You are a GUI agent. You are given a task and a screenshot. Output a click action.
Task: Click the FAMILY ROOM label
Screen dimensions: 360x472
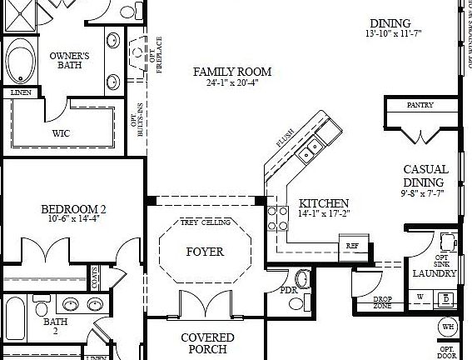tap(232, 72)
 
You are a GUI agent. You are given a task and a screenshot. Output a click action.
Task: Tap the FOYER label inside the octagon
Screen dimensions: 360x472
tap(205, 251)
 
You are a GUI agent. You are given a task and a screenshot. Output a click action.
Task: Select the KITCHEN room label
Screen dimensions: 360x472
tap(324, 203)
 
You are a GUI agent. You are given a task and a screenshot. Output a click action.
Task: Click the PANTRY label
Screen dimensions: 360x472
tap(420, 106)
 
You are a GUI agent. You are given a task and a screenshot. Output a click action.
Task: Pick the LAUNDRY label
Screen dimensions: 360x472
tap(435, 273)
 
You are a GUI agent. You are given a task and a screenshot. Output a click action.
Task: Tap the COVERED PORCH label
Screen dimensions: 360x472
tap(207, 343)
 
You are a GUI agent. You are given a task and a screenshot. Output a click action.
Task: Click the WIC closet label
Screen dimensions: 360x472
tap(61, 132)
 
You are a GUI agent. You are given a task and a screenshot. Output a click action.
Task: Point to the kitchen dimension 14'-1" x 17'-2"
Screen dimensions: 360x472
tap(324, 214)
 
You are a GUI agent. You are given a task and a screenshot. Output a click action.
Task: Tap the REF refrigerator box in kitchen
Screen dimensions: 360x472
tap(352, 246)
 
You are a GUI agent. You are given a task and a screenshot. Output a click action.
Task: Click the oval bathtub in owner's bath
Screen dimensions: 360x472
tap(19, 60)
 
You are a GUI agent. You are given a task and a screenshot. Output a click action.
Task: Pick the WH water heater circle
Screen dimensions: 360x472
tap(449, 326)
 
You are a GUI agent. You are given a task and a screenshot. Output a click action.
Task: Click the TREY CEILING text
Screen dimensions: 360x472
tap(205, 223)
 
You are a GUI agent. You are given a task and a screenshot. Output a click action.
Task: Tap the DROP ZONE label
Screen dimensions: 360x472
tap(383, 302)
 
